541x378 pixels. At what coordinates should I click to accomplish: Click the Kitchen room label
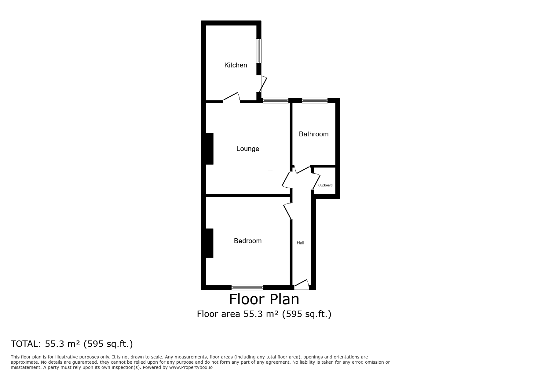click(236, 65)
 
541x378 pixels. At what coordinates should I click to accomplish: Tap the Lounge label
click(248, 149)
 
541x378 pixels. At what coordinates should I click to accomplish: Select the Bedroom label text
click(248, 241)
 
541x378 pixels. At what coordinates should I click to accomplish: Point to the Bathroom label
click(314, 134)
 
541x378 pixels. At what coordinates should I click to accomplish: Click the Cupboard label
click(325, 185)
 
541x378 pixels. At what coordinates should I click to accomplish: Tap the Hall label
click(301, 243)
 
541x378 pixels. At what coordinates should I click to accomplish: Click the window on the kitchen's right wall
click(259, 51)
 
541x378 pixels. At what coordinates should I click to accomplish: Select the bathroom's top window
click(315, 100)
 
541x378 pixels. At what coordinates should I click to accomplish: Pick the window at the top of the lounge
click(276, 100)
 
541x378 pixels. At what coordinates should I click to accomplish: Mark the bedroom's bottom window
click(247, 287)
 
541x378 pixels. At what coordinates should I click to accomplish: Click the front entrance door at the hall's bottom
click(302, 285)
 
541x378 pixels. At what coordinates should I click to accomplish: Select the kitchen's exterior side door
click(263, 84)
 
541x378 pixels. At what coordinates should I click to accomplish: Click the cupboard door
click(316, 181)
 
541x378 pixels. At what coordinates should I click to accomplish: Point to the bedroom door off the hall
click(287, 211)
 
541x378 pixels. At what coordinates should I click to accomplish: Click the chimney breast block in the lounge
click(210, 149)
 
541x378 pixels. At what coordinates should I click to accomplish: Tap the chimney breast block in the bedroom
click(210, 243)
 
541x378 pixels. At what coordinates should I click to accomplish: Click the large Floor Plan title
click(264, 299)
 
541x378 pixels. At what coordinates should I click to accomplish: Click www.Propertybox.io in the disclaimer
click(191, 367)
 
